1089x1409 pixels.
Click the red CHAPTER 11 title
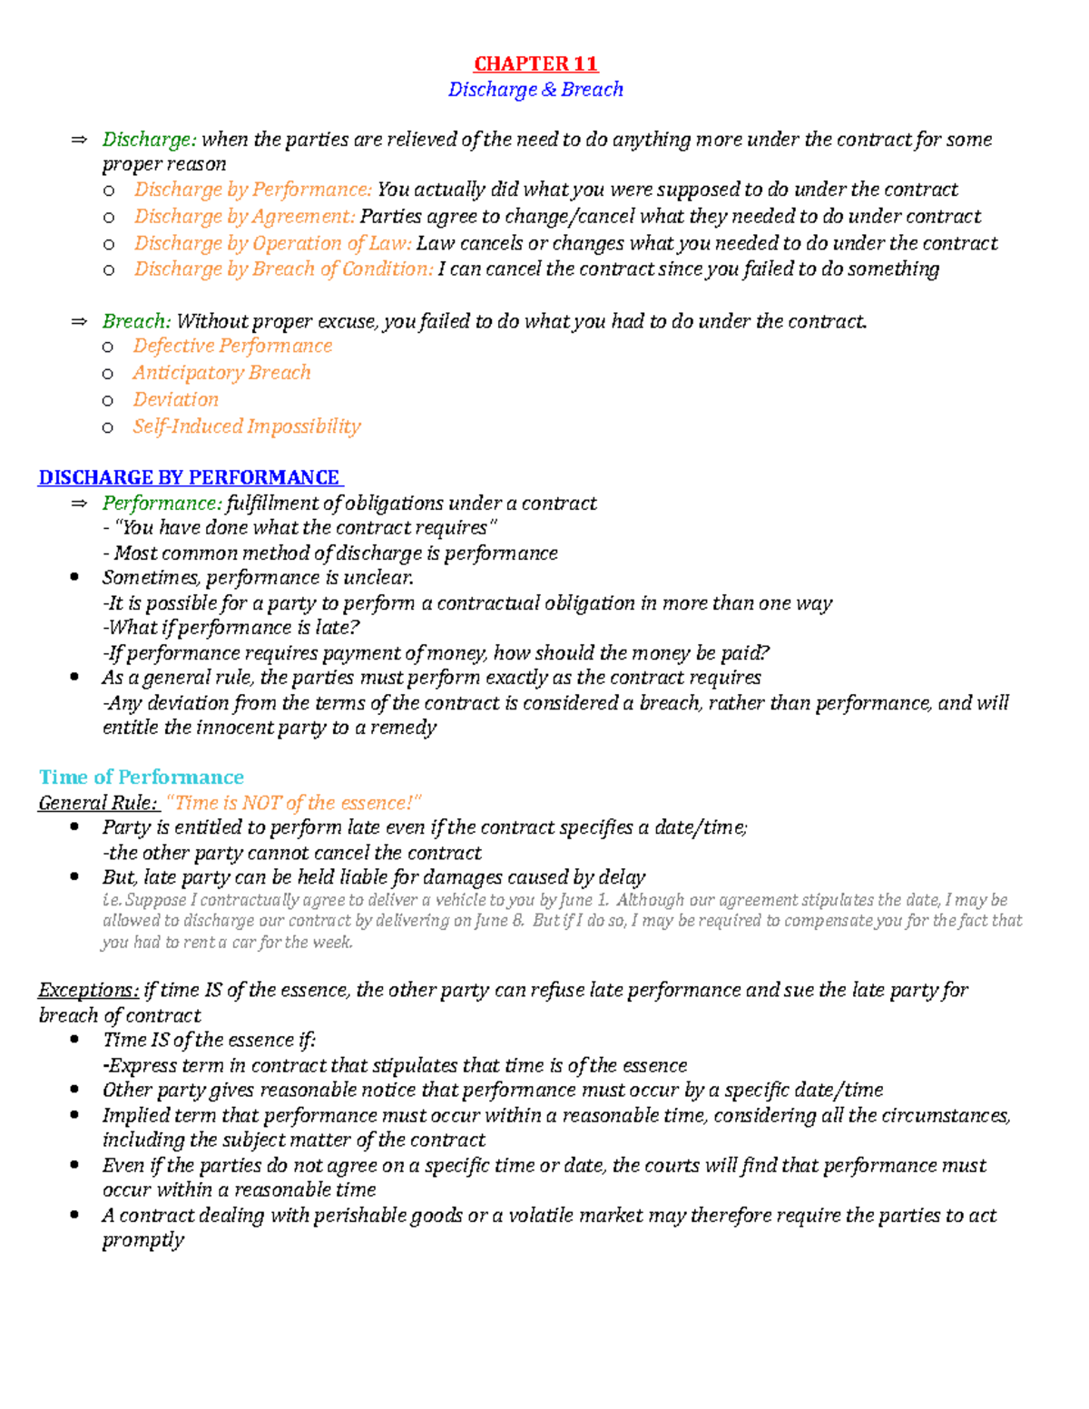[535, 64]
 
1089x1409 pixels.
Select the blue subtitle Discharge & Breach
[535, 89]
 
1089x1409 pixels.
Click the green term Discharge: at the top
[149, 140]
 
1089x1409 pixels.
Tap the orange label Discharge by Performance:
[253, 190]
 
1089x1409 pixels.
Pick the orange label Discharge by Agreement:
[245, 217]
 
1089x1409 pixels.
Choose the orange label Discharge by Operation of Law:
[273, 243]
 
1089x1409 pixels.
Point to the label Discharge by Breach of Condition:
[284, 269]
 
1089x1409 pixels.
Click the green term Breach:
[136, 321]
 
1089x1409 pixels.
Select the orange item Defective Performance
[232, 347]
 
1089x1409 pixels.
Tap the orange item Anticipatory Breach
[221, 373]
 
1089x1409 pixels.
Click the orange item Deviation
[175, 400]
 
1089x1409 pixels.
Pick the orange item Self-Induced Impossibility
[247, 426]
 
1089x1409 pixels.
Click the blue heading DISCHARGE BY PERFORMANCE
[189, 477]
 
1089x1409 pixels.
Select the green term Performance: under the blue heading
[162, 504]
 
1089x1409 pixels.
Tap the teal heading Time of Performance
[142, 777]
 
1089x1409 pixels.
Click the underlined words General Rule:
[98, 803]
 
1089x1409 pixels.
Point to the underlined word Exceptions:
[89, 990]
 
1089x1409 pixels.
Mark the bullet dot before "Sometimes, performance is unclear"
[74, 578]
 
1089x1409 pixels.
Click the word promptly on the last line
[143, 1240]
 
